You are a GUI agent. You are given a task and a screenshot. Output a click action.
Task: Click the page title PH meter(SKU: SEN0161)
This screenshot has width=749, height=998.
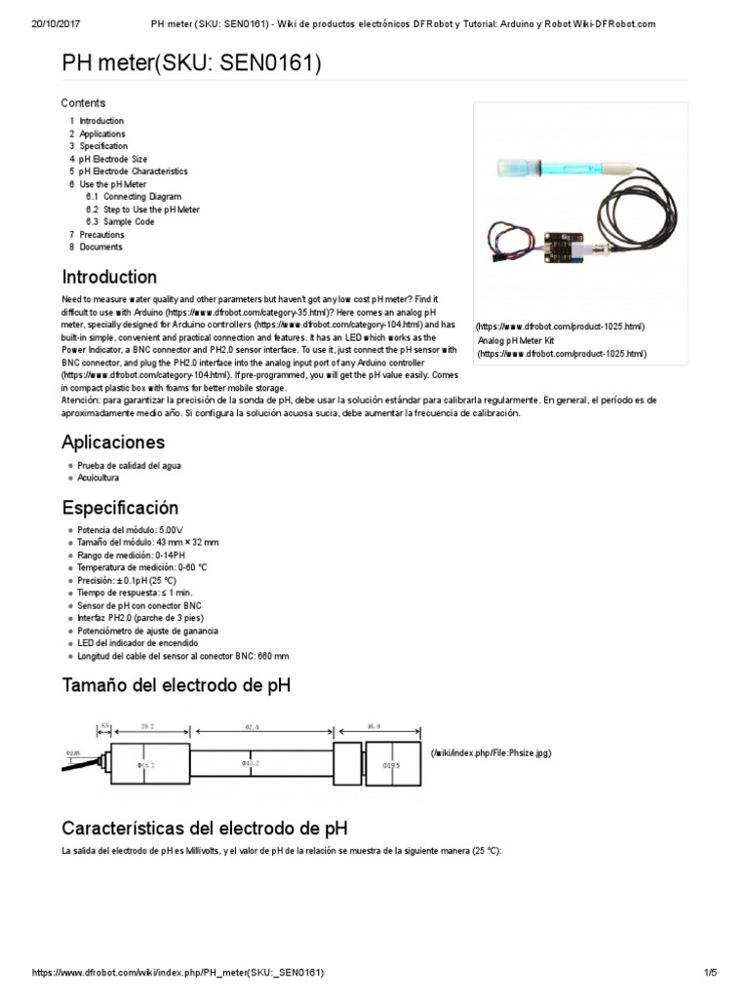191,64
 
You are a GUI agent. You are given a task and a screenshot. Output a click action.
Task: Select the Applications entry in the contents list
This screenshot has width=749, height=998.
101,134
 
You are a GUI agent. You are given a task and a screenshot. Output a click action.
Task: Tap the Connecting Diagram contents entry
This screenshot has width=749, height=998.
141,197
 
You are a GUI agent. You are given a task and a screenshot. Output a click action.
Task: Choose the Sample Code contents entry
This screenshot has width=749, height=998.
129,222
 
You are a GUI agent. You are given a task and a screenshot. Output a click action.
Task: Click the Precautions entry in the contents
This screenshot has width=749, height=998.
101,235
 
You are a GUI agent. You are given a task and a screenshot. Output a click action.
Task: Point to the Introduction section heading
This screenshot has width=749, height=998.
109,277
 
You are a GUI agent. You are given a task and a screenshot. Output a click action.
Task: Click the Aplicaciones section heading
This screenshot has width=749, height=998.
113,442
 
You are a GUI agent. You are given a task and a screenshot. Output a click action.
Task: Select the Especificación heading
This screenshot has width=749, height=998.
121,508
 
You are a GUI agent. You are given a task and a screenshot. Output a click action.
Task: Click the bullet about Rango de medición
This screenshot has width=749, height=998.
131,555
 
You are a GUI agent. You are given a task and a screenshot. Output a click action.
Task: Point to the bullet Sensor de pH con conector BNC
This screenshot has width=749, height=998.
139,605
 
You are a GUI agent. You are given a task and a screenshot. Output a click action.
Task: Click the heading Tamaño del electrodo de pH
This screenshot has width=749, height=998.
176,686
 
